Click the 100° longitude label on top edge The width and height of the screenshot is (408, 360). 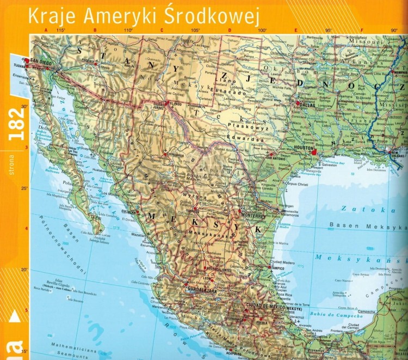pyautogui.click(x=263, y=30)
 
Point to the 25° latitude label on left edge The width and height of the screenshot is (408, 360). pyautogui.click(x=24, y=188)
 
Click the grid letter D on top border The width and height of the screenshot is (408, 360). pyautogui.click(x=230, y=30)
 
